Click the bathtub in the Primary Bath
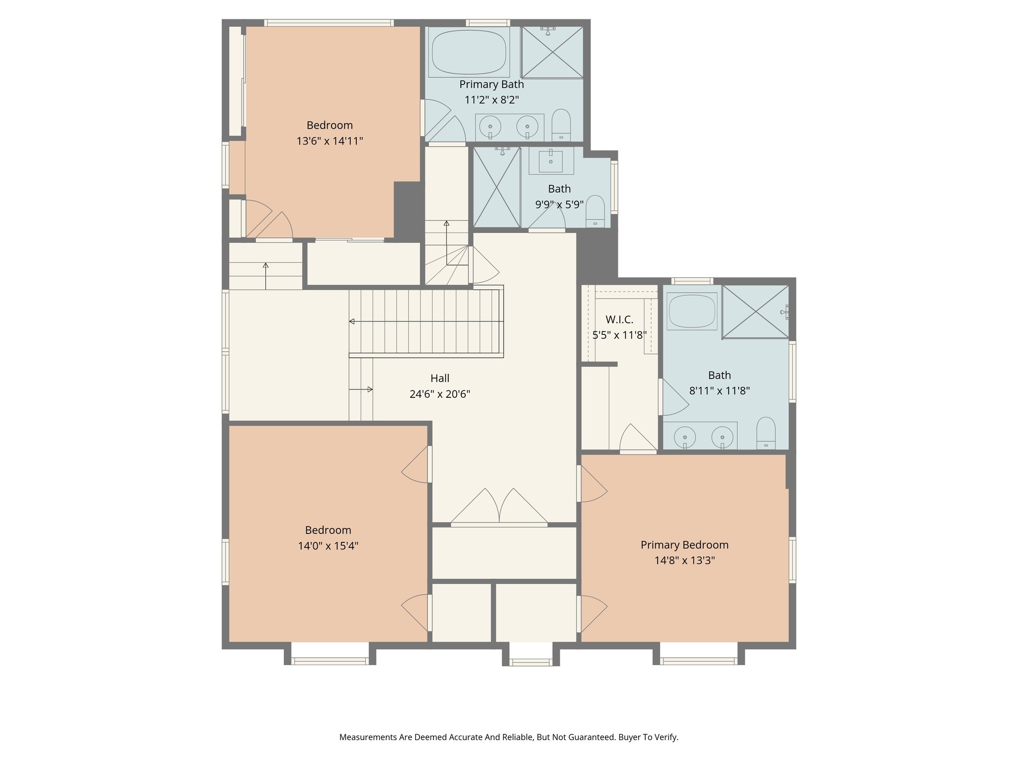469,52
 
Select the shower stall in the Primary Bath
552,52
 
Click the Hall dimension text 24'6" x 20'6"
439,394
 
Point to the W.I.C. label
619,319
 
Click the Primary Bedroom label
684,545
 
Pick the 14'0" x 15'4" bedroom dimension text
328,546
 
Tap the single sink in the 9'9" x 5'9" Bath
551,161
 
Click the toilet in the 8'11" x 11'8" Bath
765,433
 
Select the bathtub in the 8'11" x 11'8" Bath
692,311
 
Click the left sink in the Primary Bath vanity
490,127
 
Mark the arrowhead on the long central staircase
352,321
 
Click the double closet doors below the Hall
499,507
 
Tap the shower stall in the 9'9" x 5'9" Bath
497,187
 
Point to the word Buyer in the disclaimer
628,737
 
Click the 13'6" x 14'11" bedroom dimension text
330,141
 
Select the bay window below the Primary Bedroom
698,660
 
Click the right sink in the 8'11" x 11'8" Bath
722,437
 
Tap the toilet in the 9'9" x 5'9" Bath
595,211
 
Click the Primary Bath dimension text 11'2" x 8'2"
492,100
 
